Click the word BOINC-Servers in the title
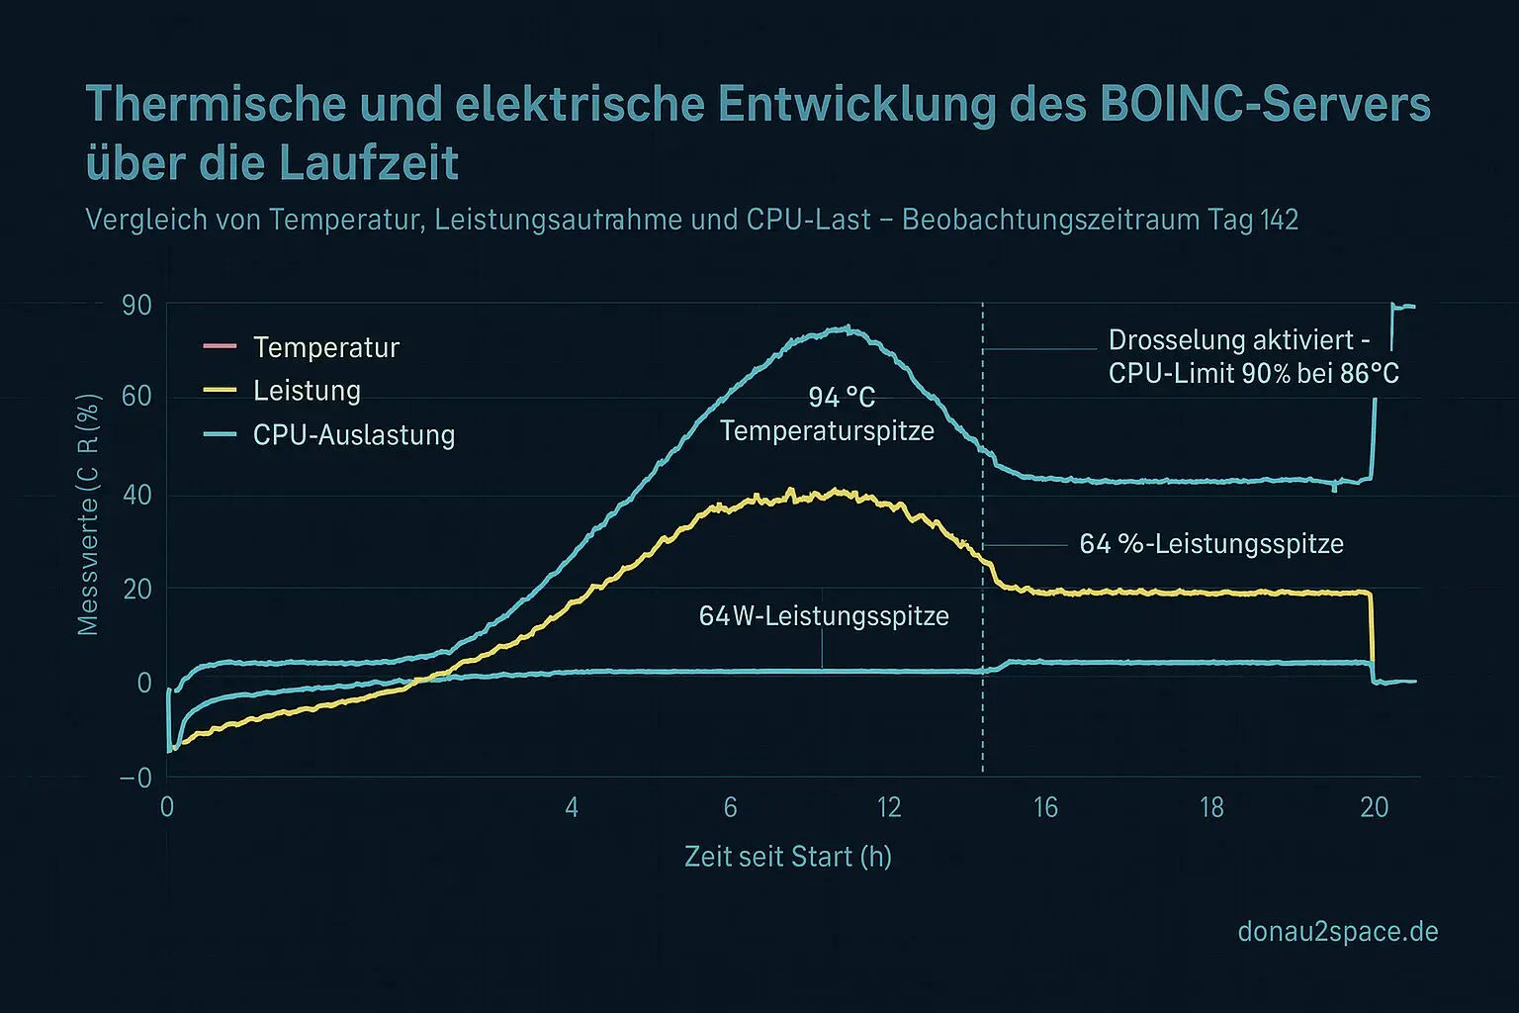[x=1265, y=104]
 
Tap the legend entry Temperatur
[x=325, y=347]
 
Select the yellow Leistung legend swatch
[x=219, y=390]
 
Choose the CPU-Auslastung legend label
[x=353, y=434]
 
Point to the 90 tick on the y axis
[x=136, y=305]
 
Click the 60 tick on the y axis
[x=136, y=396]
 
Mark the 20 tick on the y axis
[x=136, y=589]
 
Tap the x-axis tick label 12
[x=889, y=807]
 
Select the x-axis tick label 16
[x=1045, y=807]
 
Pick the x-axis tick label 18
[x=1211, y=807]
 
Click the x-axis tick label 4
[x=572, y=807]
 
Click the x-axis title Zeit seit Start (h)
[x=787, y=856]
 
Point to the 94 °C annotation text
[x=842, y=397]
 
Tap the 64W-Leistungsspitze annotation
[x=823, y=615]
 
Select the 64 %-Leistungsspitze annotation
[x=1210, y=543]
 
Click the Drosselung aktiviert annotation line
[x=1238, y=340]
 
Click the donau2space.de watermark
[x=1337, y=931]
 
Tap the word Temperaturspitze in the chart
[x=827, y=430]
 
